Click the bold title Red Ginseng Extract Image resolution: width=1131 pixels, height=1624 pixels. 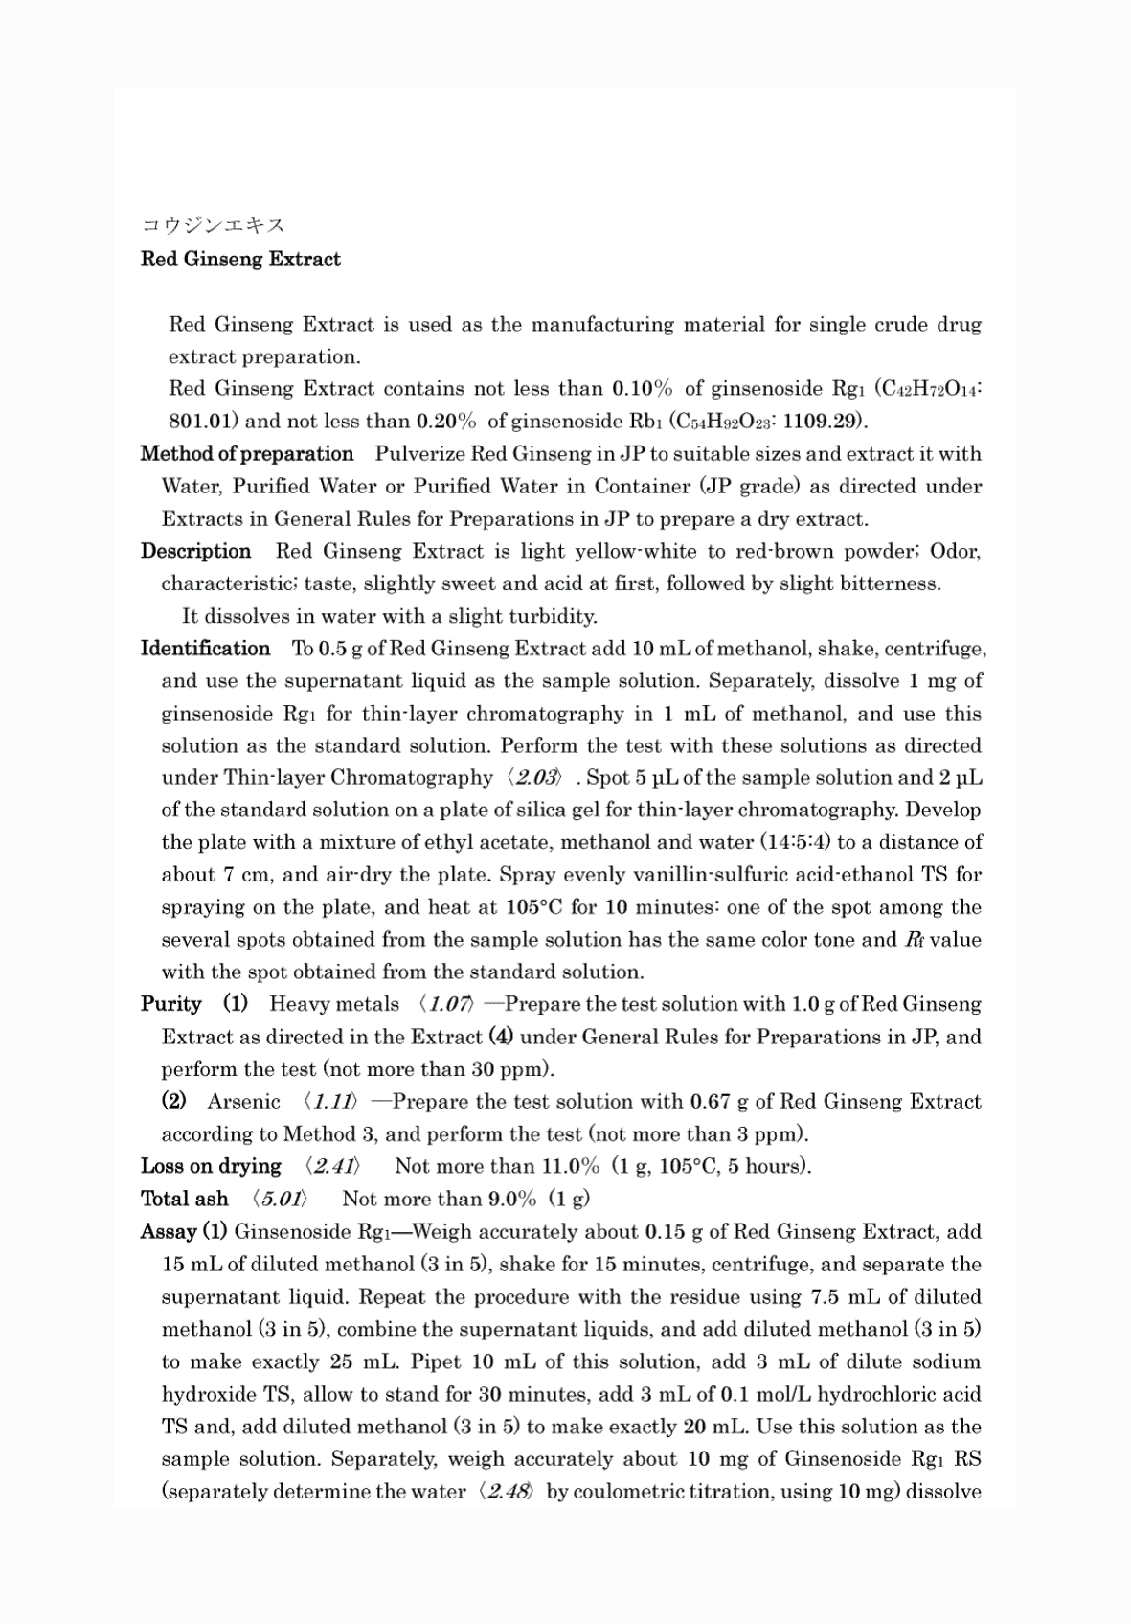tap(240, 260)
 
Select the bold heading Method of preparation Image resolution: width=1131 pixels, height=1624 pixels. tap(247, 454)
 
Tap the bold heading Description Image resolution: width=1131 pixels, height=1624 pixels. tap(195, 552)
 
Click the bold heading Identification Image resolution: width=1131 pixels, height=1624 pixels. tap(205, 649)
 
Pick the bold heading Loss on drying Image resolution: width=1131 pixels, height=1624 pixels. tap(211, 1167)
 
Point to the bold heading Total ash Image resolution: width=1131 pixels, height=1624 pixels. tap(184, 1200)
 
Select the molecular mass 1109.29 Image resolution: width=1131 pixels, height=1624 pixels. tap(823, 422)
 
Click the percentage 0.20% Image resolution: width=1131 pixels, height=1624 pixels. tap(446, 422)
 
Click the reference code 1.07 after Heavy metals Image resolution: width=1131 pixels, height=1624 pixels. tap(448, 1005)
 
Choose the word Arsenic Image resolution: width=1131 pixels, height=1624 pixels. tap(243, 1102)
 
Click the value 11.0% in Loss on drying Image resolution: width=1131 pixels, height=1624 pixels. tap(569, 1167)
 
